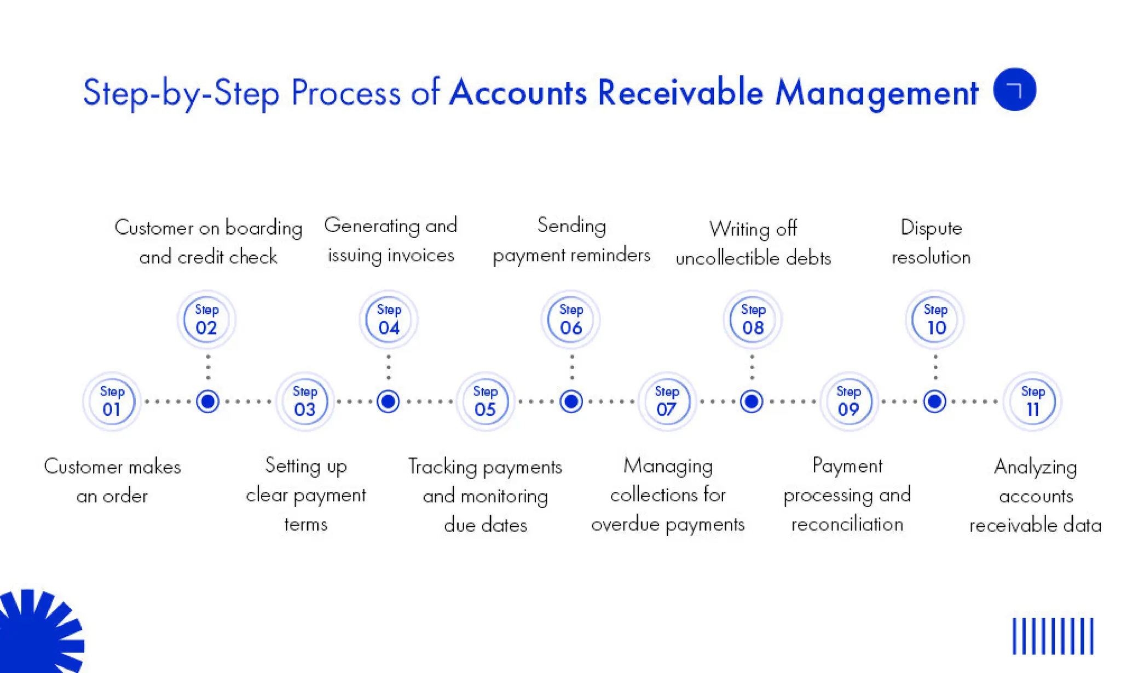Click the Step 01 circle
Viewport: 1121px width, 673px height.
[x=112, y=401]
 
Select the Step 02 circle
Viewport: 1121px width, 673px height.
[x=206, y=319]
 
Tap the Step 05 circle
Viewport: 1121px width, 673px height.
[x=485, y=401]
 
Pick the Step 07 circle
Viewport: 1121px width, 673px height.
[x=667, y=401]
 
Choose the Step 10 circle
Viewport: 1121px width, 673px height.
[x=935, y=319]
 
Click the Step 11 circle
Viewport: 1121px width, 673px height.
[x=1032, y=401]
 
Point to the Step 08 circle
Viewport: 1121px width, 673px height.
[x=753, y=319]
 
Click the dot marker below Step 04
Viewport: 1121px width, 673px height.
[x=388, y=401]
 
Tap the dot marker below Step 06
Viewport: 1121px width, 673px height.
[x=571, y=401]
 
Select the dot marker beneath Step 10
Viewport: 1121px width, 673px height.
[x=934, y=401]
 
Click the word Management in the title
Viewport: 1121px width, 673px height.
[x=876, y=93]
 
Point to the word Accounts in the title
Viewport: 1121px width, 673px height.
[x=518, y=92]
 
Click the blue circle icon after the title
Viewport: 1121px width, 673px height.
[x=1014, y=89]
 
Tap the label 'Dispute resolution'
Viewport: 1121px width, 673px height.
[x=931, y=242]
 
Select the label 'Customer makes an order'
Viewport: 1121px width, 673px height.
[x=112, y=481]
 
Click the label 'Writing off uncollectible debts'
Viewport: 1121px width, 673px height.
[x=753, y=243]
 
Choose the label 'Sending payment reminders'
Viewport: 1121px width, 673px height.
[x=571, y=240]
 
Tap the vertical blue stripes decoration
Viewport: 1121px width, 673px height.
[x=1053, y=636]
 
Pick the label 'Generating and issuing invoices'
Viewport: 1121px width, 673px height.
[x=390, y=240]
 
